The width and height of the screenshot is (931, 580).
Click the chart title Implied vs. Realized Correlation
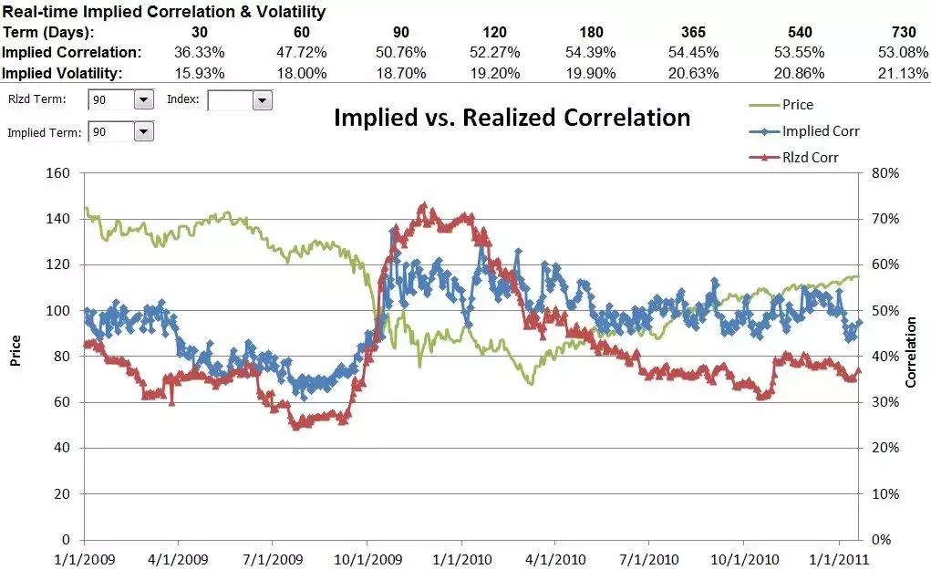512,118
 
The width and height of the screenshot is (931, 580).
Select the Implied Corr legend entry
820,131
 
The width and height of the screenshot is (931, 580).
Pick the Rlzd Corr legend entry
810,158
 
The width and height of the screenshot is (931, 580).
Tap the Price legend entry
797,105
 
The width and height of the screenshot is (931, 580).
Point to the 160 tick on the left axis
59,173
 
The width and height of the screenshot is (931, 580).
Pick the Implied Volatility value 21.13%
905,73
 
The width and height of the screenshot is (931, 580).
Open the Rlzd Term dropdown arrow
144,100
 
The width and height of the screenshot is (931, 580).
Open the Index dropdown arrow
263,100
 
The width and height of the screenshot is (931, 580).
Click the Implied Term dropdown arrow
144,132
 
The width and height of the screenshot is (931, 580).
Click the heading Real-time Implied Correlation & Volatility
164,13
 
